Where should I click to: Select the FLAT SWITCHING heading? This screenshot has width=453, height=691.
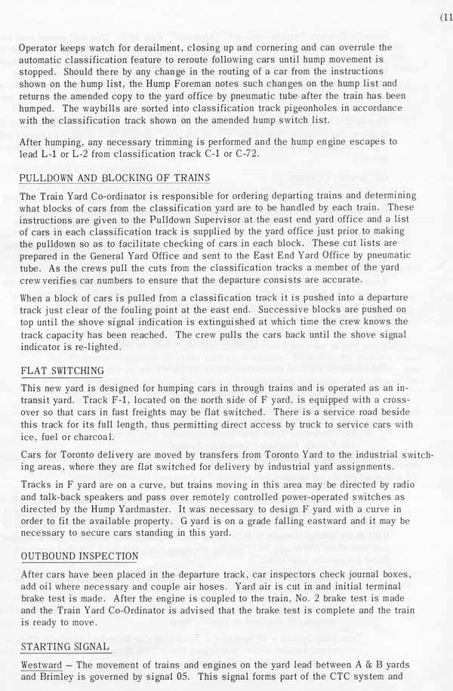(62, 371)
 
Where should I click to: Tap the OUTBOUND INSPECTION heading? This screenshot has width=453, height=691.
(79, 557)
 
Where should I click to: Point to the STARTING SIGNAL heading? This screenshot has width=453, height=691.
(66, 646)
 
